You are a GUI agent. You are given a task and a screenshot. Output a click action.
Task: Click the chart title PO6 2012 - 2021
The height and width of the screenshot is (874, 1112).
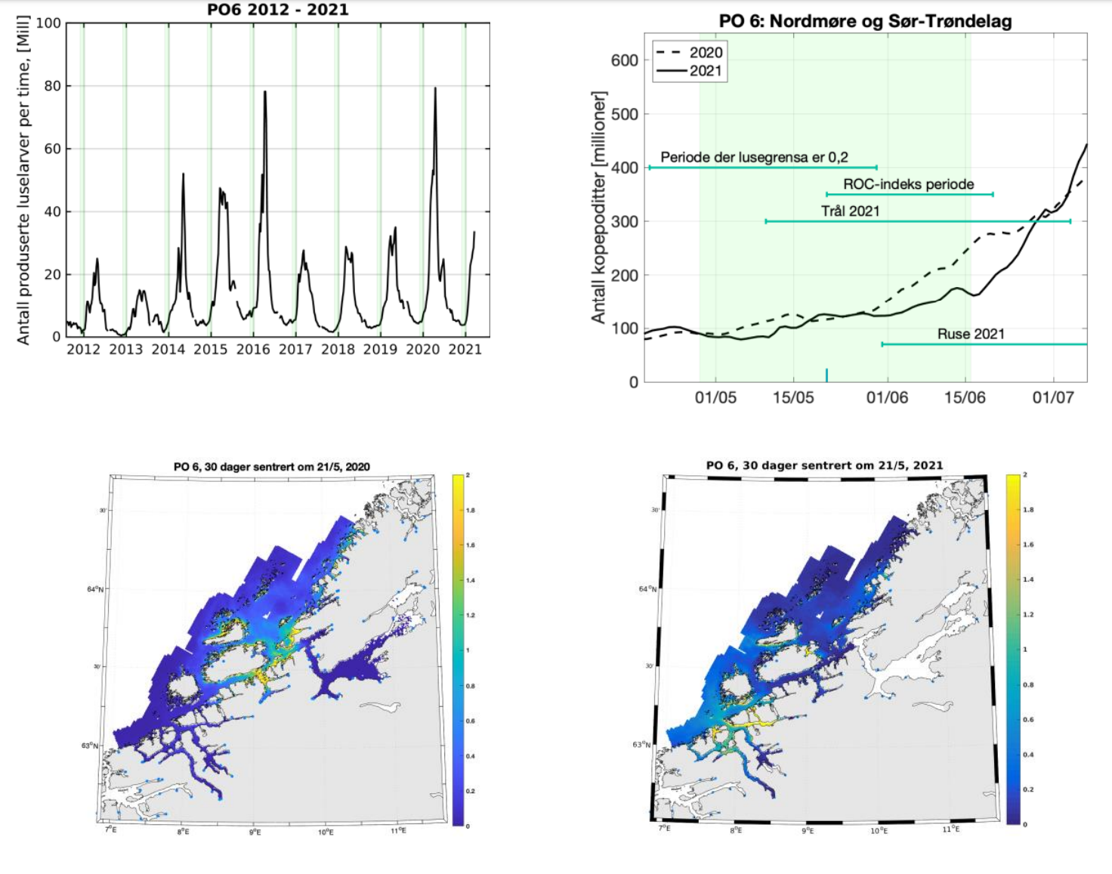click(x=278, y=10)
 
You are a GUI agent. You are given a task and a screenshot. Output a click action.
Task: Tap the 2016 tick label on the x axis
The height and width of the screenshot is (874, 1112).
click(x=253, y=349)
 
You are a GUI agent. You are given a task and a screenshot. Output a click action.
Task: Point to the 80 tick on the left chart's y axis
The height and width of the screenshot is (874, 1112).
click(x=52, y=86)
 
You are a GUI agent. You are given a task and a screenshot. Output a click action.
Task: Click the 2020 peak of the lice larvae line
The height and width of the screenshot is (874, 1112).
click(x=435, y=89)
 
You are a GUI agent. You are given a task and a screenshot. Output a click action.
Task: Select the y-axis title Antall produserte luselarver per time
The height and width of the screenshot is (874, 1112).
click(x=24, y=180)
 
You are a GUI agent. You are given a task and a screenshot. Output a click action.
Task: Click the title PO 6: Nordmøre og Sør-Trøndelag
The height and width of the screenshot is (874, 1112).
click(x=865, y=21)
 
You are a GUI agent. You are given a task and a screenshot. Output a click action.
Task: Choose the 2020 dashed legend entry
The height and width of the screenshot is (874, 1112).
click(x=688, y=52)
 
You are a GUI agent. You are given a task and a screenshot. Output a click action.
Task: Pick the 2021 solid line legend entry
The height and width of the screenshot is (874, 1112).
click(x=688, y=71)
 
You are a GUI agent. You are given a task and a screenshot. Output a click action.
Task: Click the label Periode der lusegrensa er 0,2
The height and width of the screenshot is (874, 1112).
click(x=754, y=157)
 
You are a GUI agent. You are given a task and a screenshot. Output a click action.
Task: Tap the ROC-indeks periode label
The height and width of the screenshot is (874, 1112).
click(x=908, y=184)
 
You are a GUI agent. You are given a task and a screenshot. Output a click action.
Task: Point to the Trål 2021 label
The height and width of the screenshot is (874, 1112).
click(x=851, y=212)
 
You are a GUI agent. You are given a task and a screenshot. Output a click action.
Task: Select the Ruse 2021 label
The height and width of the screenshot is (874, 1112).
click(x=971, y=334)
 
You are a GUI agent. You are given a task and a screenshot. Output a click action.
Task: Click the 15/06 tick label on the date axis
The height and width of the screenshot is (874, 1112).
click(x=965, y=398)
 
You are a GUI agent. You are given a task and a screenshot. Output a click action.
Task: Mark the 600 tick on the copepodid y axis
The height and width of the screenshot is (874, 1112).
click(x=625, y=60)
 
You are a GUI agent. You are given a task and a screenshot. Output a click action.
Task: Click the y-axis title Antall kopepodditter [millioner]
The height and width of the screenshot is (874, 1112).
click(x=599, y=208)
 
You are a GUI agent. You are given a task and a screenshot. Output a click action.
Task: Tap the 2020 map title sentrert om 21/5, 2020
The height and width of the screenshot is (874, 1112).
click(x=272, y=467)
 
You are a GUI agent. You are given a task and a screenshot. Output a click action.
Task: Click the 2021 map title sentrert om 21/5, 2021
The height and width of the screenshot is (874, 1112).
click(x=824, y=465)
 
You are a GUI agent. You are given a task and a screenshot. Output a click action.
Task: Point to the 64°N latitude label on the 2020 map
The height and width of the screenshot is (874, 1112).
click(x=94, y=589)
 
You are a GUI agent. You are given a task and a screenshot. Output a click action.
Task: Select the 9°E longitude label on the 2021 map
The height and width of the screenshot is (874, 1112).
click(x=807, y=830)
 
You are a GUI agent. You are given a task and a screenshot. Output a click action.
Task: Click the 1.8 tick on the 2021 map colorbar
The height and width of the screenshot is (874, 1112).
click(x=1027, y=510)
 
